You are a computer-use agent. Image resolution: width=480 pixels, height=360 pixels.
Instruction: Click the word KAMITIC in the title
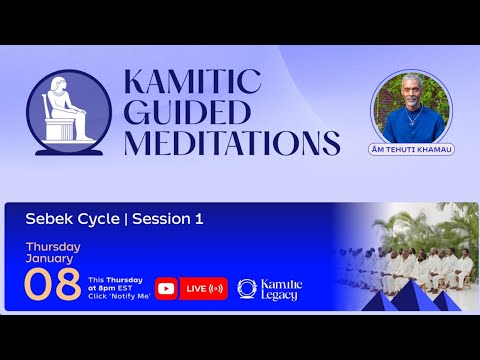[190, 81]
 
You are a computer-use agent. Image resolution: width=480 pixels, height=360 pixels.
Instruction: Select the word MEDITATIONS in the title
[231, 141]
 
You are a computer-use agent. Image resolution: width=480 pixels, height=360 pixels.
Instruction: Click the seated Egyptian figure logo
[69, 110]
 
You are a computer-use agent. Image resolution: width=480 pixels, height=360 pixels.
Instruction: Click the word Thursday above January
[52, 246]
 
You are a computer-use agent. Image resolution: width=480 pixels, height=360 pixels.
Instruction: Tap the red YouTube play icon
[166, 288]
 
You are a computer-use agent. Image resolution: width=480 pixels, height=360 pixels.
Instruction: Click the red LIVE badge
[204, 288]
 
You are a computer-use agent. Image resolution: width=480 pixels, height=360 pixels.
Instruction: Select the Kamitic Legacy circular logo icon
[247, 288]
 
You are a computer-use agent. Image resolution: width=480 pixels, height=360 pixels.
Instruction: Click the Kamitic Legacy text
[281, 288]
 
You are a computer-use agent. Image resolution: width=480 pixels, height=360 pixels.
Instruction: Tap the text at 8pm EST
[119, 289]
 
